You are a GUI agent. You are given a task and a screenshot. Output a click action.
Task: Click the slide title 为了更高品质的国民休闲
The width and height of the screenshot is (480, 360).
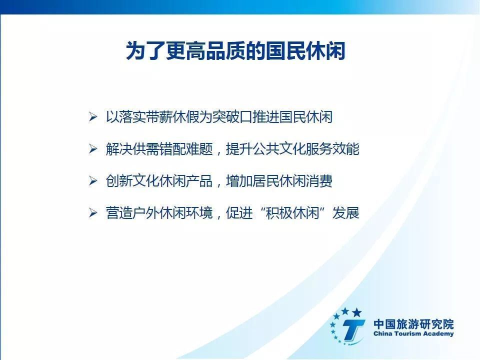coord(235,51)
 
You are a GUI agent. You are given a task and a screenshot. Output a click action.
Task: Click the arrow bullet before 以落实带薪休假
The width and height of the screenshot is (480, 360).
coord(93,117)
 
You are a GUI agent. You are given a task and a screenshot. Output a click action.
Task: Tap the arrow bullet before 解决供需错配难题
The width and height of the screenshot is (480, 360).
coord(93,149)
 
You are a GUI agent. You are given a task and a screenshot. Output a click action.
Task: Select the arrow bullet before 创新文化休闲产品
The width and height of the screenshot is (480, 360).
coord(93,181)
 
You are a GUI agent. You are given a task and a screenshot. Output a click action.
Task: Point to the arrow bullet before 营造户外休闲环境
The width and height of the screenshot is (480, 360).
coord(93,213)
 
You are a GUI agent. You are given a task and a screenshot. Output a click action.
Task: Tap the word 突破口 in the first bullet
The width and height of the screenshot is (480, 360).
coord(232,117)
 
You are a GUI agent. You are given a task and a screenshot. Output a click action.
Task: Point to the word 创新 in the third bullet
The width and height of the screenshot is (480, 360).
coord(119,181)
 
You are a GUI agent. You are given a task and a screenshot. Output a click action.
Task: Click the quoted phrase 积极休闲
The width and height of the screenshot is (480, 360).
coord(292,213)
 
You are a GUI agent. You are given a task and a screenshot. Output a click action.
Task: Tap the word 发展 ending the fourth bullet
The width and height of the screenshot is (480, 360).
coord(346,213)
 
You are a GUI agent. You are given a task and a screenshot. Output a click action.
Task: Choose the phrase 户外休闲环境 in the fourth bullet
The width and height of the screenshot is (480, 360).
coord(172,213)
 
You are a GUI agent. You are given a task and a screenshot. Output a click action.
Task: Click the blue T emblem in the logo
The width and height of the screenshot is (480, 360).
coord(353,329)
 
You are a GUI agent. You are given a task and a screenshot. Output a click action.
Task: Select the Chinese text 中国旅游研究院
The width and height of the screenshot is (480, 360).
coord(413,324)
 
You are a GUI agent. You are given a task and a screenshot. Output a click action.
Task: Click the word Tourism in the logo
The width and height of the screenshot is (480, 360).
coord(406,333)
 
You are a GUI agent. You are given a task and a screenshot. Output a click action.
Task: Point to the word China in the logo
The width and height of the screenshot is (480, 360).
coord(382,333)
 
